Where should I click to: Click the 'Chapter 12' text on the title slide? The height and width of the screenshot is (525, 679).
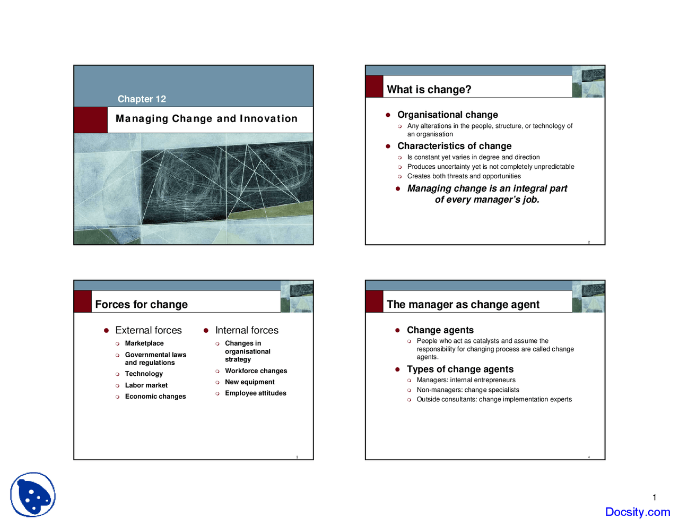[x=142, y=99]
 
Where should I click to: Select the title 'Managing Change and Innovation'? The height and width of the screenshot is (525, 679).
[x=206, y=119]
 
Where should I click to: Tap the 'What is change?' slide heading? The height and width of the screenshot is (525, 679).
[x=429, y=90]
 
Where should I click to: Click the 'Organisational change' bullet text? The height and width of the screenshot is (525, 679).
[x=447, y=115]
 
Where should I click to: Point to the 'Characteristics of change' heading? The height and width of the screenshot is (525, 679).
[x=454, y=146]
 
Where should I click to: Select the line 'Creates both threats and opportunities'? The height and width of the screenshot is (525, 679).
[x=464, y=176]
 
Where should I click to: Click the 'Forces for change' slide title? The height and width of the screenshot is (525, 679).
[x=141, y=305]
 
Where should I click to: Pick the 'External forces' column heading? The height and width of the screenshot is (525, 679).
[x=148, y=330]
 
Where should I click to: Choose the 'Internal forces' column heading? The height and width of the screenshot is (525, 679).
[x=247, y=330]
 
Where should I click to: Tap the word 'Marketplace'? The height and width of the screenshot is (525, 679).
[x=144, y=343]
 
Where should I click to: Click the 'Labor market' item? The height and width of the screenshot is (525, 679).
[x=146, y=385]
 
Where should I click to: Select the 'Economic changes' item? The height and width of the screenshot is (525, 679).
[x=155, y=397]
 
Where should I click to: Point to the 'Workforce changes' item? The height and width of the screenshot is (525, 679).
[x=256, y=371]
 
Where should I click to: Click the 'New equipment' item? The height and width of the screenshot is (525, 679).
[x=249, y=382]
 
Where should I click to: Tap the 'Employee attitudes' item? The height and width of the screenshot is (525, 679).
[x=255, y=393]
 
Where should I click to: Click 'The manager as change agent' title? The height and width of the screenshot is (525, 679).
[x=463, y=305]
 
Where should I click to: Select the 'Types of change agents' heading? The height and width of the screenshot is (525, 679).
[x=460, y=369]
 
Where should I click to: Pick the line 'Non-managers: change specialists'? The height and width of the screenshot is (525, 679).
[x=467, y=390]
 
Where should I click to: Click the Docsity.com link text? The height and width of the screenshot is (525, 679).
[x=637, y=512]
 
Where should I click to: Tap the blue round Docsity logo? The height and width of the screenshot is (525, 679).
[x=33, y=495]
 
